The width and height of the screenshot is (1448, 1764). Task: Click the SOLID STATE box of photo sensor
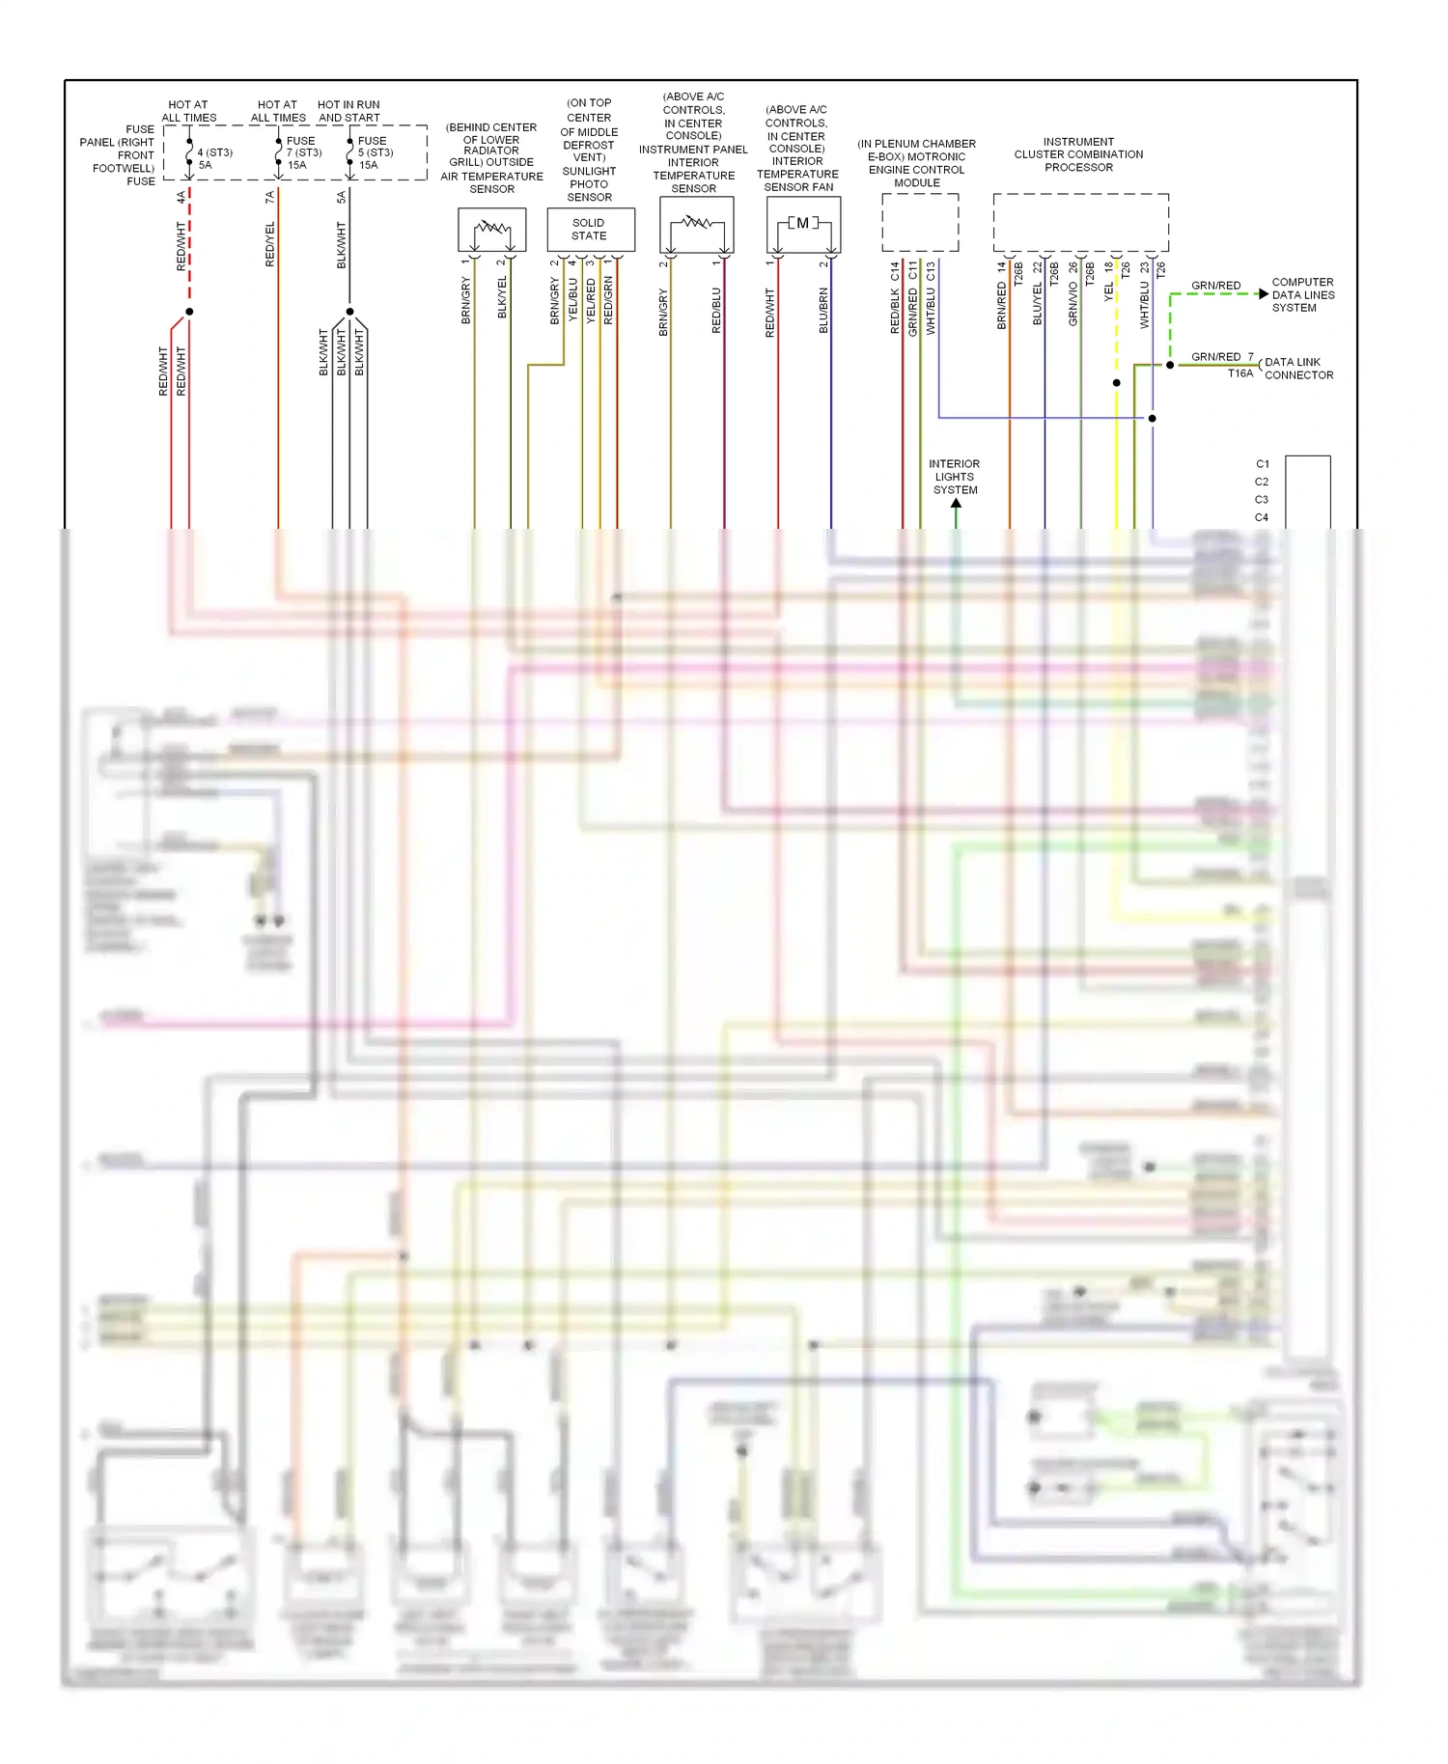589,230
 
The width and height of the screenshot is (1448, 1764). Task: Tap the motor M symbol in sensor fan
802,224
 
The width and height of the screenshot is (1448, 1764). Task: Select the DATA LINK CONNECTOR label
1298,369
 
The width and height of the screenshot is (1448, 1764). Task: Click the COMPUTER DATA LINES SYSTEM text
1302,295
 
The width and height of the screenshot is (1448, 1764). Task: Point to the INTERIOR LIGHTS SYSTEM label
955,477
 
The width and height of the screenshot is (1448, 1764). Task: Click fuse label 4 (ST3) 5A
214,158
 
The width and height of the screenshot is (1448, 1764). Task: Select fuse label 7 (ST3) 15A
303,152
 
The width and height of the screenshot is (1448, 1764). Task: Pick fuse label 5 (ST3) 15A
375,152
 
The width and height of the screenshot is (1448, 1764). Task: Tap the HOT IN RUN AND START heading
348,111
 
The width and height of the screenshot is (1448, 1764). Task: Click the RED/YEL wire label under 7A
270,244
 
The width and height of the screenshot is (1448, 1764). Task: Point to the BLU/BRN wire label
823,311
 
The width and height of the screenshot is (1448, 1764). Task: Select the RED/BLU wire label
716,311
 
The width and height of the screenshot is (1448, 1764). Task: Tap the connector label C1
1262,464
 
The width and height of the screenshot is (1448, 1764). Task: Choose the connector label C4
1262,518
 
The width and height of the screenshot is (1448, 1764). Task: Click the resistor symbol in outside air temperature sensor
492,229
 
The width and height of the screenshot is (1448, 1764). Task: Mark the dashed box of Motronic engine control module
920,223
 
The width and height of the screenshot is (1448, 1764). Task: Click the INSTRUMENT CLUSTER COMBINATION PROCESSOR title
1078,154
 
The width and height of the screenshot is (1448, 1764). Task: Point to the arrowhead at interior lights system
956,504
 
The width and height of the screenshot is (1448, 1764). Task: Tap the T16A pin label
1239,373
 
